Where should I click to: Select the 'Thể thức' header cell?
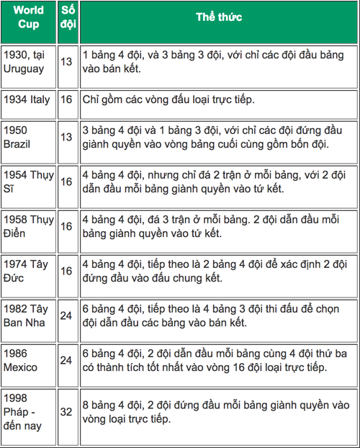pos(219,16)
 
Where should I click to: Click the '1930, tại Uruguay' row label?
pos(27,62)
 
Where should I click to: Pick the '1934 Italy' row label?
pos(27,100)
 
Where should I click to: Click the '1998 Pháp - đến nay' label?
pos(23,411)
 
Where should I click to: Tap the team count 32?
pos(66,412)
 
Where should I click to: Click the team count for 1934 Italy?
pos(66,100)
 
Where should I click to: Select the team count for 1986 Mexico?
pos(66,361)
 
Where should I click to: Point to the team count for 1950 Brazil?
pos(66,138)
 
